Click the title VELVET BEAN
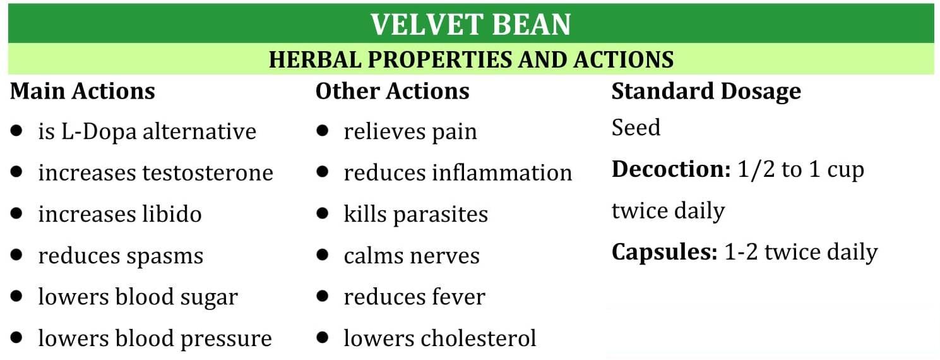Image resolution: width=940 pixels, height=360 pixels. (470, 25)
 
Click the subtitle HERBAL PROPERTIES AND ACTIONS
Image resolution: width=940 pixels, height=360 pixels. (471, 59)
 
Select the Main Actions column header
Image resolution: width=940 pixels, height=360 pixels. (83, 92)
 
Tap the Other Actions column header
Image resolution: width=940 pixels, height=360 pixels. (392, 92)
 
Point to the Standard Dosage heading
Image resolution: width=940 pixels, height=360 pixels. (706, 92)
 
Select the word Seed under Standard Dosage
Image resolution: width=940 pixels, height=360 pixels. (635, 128)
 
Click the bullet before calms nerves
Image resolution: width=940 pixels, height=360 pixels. (323, 255)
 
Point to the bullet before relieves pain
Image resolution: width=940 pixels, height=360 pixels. (323, 131)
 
